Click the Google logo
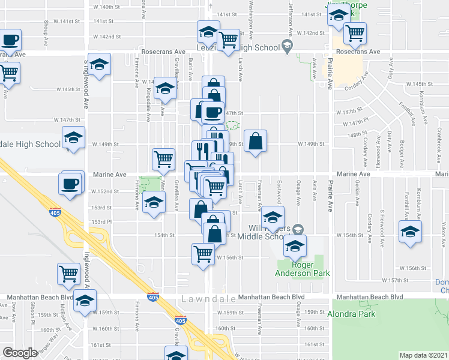(20, 353)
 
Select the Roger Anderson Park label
(303, 269)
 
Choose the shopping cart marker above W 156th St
(203, 254)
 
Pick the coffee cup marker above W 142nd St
(10, 41)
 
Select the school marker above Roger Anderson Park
(294, 245)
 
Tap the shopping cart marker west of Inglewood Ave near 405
(69, 274)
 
